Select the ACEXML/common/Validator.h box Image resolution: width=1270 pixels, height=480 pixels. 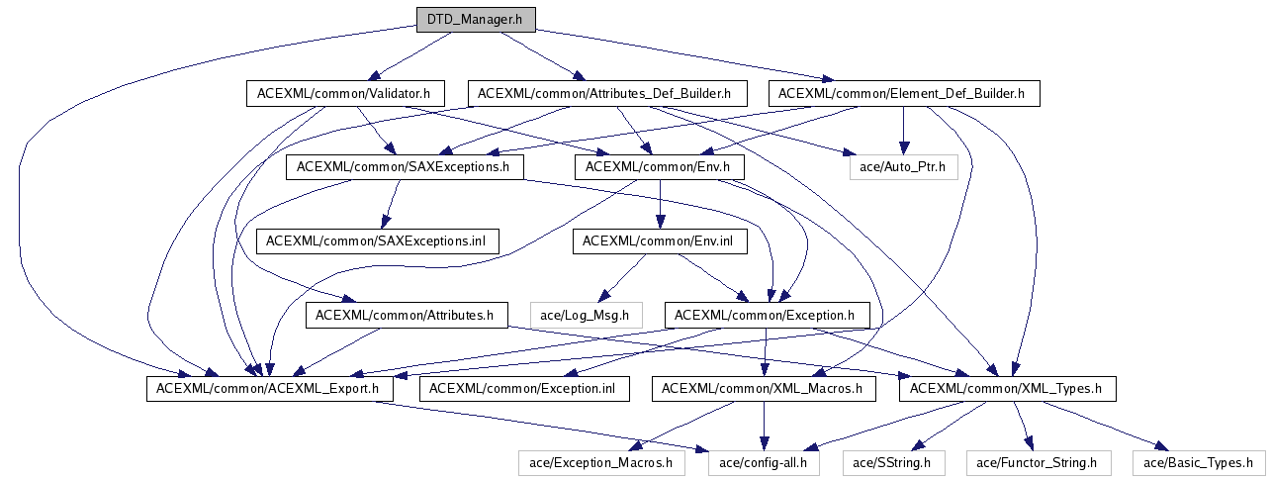(x=344, y=94)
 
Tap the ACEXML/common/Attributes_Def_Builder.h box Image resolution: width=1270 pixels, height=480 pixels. (x=603, y=94)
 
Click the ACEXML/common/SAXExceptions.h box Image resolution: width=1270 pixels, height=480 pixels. (x=404, y=167)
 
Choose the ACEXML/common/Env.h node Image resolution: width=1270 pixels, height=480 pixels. (x=658, y=167)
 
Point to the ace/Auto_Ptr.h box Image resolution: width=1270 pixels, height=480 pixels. (x=903, y=167)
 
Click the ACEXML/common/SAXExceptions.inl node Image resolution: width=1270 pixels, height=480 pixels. (x=377, y=240)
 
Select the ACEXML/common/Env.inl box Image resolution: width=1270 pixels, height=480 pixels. (x=658, y=240)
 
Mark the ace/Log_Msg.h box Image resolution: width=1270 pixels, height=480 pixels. (x=586, y=316)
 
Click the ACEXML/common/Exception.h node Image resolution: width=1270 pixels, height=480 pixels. (x=768, y=316)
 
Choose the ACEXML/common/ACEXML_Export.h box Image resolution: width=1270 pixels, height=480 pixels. (x=270, y=389)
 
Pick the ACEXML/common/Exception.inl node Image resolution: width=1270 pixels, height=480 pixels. (x=523, y=389)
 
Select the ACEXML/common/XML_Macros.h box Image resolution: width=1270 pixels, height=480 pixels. (x=763, y=389)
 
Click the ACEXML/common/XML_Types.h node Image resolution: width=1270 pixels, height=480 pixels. (x=1007, y=389)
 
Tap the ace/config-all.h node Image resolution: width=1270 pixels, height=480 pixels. (x=764, y=462)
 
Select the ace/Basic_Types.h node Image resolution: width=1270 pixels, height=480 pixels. (x=1198, y=462)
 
